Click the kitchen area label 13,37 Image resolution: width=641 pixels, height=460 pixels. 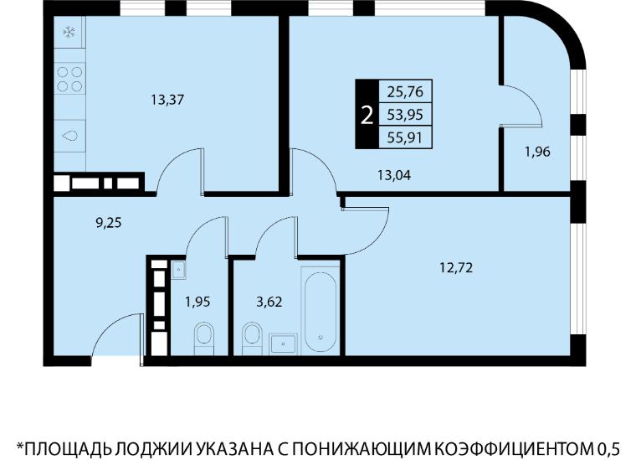point(167,100)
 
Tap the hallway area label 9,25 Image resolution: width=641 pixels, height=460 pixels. point(108,223)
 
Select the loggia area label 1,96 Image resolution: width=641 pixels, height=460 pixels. point(537,152)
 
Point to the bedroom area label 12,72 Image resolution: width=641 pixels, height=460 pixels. point(456,267)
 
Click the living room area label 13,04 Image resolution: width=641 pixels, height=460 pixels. point(394,175)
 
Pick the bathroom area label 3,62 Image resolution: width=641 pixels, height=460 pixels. point(269,302)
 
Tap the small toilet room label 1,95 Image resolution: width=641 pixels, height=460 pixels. point(197,302)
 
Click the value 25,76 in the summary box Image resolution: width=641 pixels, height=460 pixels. point(405,91)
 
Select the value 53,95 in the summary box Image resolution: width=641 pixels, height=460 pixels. point(405,115)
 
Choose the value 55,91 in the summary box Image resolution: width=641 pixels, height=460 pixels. point(405,137)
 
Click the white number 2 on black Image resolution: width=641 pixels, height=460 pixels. point(367,115)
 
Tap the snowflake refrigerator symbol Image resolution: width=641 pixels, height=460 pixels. point(69,33)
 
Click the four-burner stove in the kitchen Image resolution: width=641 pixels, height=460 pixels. point(69,80)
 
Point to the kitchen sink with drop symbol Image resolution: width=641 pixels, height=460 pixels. point(69,136)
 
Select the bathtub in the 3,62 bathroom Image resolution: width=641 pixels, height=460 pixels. point(320,310)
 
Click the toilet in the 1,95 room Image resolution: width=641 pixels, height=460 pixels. point(203,338)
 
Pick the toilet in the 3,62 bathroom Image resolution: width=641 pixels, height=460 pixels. point(252,338)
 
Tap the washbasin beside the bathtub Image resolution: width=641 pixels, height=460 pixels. point(283,344)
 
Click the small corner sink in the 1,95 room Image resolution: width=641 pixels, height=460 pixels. point(178,270)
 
